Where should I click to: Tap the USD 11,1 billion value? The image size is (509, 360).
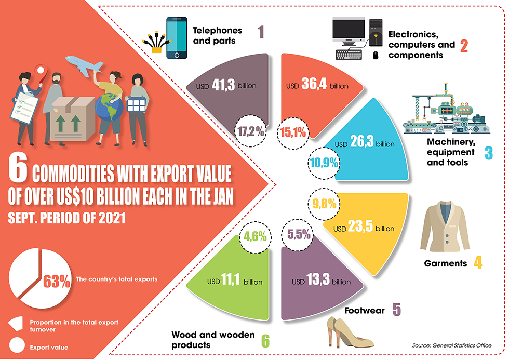pos(235,281)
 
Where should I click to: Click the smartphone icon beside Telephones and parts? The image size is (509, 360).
pos(177,38)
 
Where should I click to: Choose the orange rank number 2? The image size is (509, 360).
pos(463,46)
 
